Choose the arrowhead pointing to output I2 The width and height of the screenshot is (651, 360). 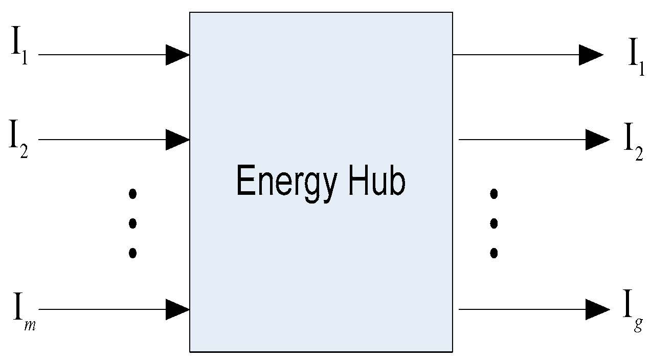pos(597,139)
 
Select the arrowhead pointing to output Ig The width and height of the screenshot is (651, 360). pos(597,309)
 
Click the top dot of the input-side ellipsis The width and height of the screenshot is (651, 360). pos(133,193)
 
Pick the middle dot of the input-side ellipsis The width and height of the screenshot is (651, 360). pos(133,223)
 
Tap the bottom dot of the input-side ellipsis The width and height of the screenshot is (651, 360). pos(133,252)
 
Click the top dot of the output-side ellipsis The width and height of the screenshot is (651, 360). pos(493,193)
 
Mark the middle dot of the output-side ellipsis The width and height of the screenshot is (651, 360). pos(493,223)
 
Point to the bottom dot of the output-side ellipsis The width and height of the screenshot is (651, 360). pos(493,252)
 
